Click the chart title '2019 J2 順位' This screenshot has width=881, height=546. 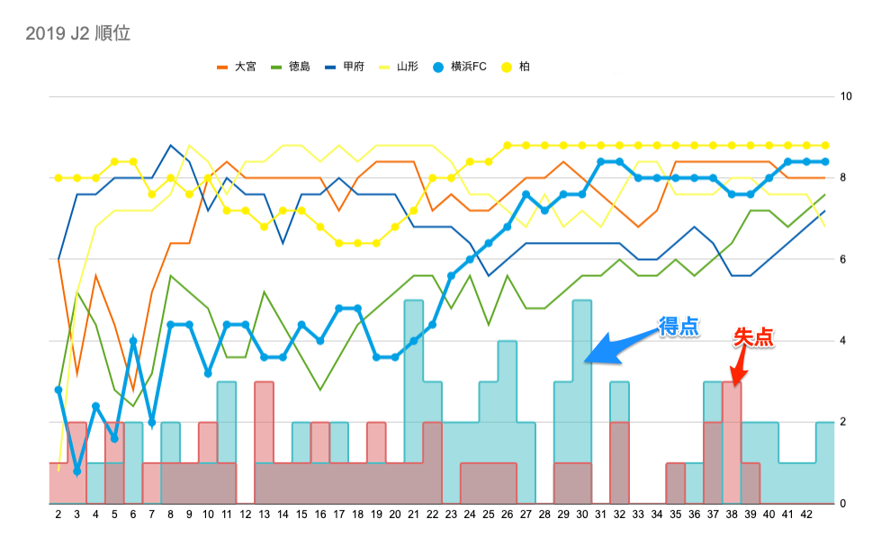click(78, 34)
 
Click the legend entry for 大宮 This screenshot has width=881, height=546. click(238, 67)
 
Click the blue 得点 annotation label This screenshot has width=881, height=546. click(679, 327)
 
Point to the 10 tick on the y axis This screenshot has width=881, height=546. click(845, 96)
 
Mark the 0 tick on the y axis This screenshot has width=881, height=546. click(842, 504)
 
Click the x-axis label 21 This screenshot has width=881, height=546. click(413, 514)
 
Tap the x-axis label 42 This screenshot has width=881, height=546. click(806, 514)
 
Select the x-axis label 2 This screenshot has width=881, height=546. click(58, 514)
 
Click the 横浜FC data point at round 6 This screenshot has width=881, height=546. click(133, 341)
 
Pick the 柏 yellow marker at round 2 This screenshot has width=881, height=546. click(58, 178)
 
